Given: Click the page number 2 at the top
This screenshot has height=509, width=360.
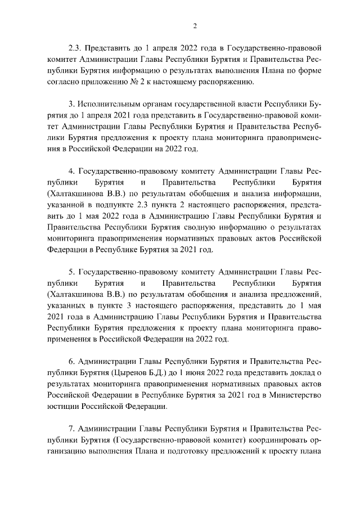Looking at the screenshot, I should (x=194, y=26).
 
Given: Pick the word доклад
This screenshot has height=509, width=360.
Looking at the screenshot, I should (x=300, y=371).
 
